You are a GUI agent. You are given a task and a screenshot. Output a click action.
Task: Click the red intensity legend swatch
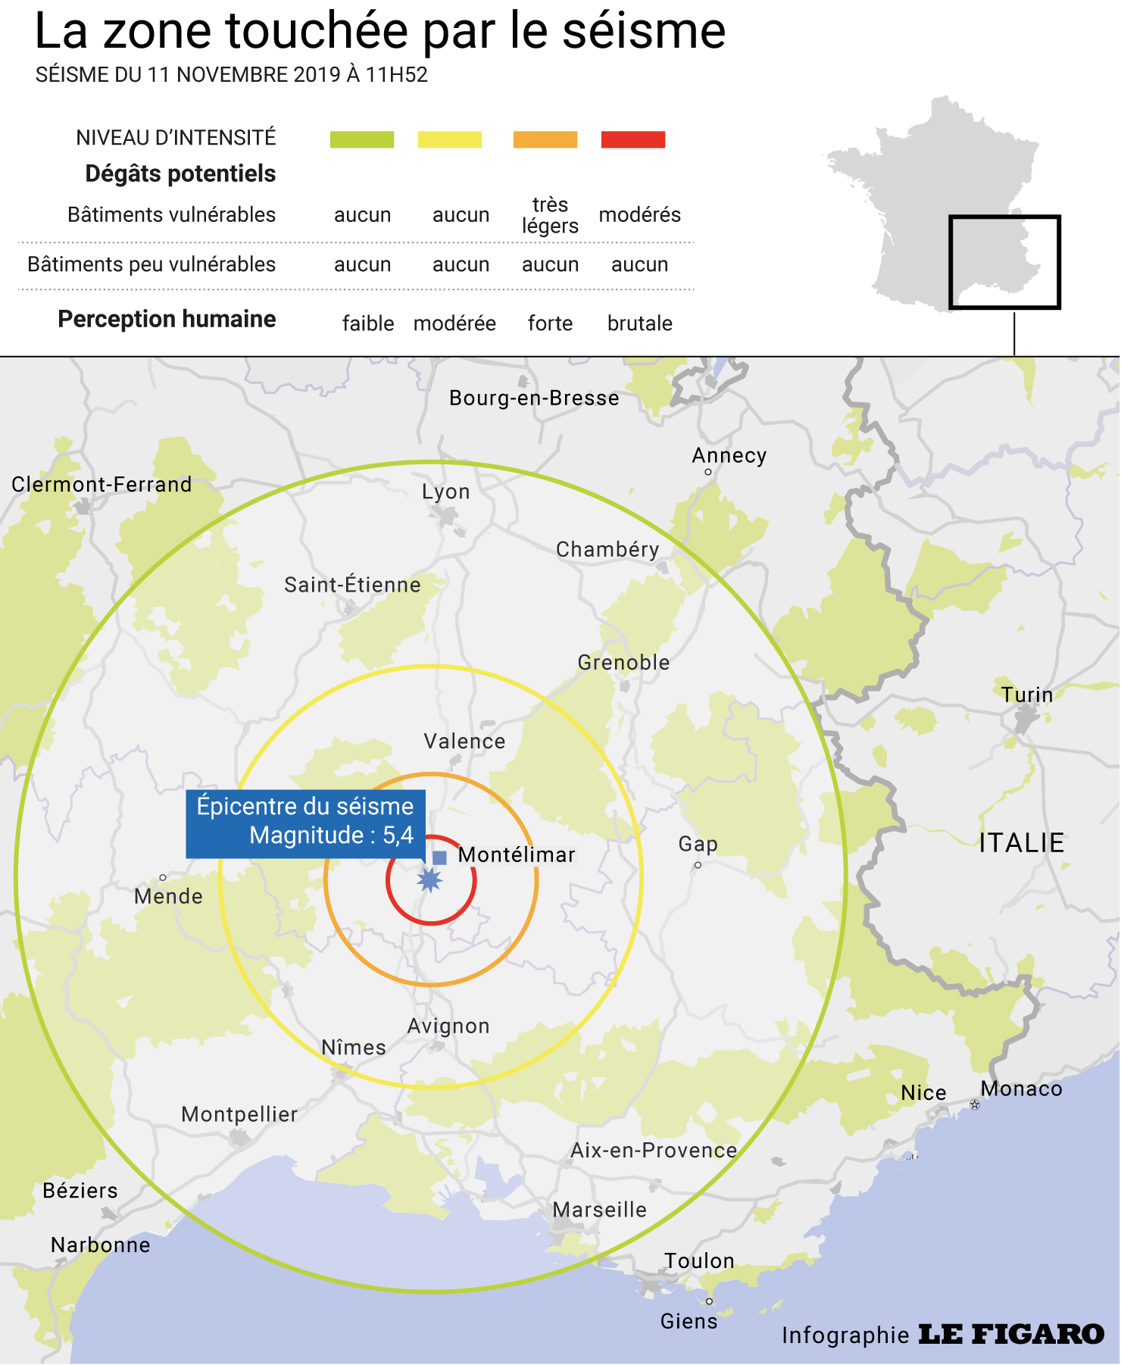point(633,139)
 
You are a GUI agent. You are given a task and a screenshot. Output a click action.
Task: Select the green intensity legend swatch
point(362,139)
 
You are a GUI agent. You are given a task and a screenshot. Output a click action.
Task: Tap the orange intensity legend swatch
point(545,139)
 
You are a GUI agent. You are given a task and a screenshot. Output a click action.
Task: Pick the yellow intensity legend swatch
point(450,139)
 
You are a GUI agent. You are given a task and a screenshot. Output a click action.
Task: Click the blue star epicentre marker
point(430,880)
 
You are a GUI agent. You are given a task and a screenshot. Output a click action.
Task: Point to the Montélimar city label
point(517,855)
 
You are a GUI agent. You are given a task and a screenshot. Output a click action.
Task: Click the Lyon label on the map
point(446,492)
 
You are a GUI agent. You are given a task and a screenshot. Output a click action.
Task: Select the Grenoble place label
point(624,663)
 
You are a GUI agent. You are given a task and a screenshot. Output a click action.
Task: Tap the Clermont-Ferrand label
point(101,485)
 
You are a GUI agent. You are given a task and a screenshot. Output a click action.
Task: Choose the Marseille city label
point(600,1210)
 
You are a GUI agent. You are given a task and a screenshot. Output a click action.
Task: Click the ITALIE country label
point(1022,843)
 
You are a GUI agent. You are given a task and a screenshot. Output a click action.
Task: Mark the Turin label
point(1027,695)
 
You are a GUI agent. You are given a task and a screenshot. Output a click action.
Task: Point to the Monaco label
point(1022,1089)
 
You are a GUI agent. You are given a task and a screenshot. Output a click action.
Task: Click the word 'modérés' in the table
point(640,215)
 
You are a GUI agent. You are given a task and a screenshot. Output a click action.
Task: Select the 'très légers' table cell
point(550,215)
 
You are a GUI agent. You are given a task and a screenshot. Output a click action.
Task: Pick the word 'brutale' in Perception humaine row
point(640,323)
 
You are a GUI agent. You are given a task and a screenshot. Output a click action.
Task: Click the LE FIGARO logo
point(1012,1335)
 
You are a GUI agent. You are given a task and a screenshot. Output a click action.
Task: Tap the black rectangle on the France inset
point(1004,218)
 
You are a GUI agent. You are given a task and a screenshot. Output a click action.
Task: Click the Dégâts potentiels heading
point(180,173)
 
